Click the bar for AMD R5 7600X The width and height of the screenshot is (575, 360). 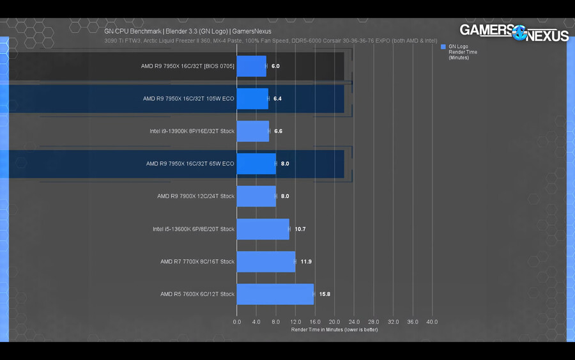275,294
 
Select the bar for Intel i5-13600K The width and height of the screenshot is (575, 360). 263,229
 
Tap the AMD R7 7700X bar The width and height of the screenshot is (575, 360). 266,262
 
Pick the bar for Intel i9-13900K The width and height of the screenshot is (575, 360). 252,131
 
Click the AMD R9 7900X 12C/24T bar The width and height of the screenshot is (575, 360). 256,196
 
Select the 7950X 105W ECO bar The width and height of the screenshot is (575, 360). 252,98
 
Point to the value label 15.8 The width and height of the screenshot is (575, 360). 325,294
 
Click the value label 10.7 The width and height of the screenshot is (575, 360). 300,229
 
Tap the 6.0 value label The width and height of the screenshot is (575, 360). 276,66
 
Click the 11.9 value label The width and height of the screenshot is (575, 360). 306,262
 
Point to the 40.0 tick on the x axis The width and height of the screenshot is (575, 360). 432,322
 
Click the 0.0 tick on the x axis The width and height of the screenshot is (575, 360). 237,322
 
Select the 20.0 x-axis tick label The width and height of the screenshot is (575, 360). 334,322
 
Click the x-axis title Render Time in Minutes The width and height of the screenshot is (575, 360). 334,329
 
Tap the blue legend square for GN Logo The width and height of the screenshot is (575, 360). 443,47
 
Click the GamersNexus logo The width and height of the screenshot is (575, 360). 514,33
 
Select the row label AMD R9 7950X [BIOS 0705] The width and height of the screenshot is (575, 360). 188,66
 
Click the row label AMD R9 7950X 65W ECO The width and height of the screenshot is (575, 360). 190,164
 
